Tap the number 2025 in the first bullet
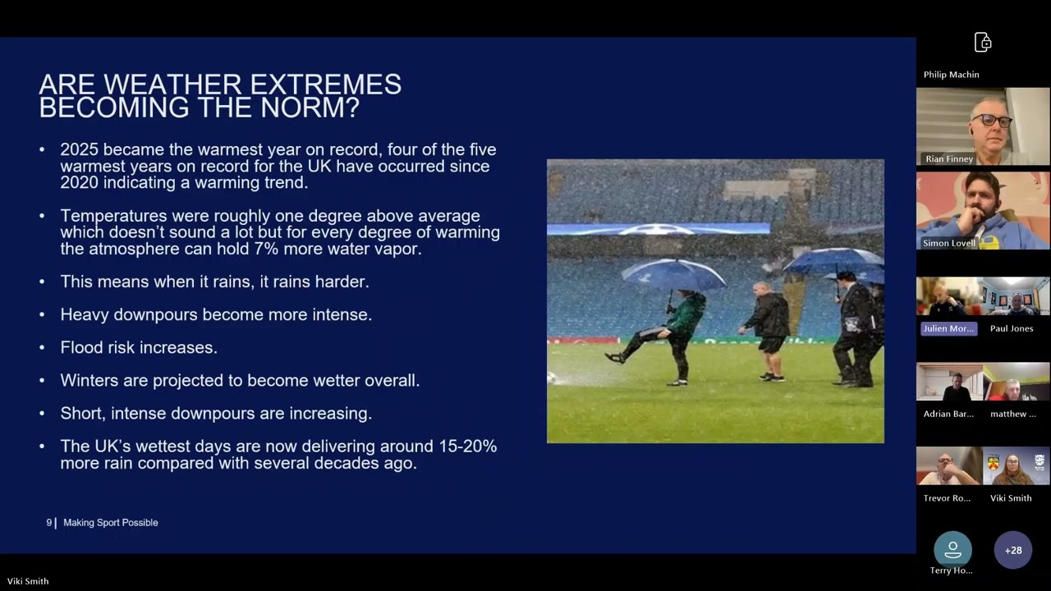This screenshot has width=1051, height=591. click(x=79, y=150)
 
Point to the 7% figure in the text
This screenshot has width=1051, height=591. click(x=246, y=249)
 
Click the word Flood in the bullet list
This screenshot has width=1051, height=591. click(x=80, y=348)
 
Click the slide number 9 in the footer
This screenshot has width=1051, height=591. click(x=49, y=523)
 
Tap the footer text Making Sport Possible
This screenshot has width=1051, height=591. click(x=111, y=523)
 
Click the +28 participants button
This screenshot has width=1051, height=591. click(x=1013, y=550)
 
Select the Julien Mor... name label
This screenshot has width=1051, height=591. click(x=948, y=328)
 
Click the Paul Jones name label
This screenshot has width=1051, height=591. click(x=1012, y=328)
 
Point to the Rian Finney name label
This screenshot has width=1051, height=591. click(x=949, y=159)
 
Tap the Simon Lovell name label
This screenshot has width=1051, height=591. click(x=949, y=244)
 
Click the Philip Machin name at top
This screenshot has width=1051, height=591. click(x=951, y=75)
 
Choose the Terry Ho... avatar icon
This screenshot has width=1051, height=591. click(x=952, y=549)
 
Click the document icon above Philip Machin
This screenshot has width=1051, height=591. click(x=983, y=43)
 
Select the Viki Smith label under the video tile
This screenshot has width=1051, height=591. click(x=1011, y=498)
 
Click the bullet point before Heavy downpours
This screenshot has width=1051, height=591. click(x=42, y=315)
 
